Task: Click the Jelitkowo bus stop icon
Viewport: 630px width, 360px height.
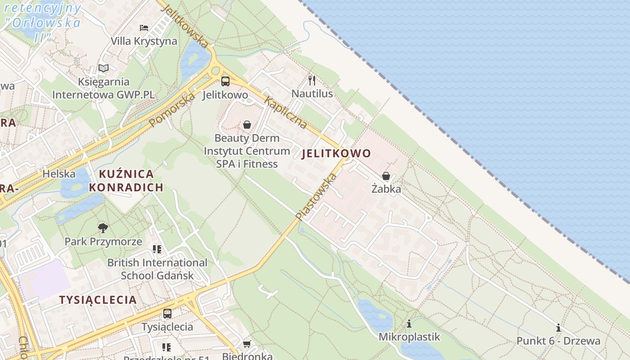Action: point(225,81)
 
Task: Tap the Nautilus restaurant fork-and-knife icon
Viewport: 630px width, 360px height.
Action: point(312,81)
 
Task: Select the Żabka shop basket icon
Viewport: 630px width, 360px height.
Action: point(386,176)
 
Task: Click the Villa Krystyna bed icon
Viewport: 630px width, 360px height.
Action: point(144,28)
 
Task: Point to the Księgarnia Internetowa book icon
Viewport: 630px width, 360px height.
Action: point(103,68)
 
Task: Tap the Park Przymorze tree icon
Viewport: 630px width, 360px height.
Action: point(103,228)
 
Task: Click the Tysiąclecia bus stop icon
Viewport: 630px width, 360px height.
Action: point(167,314)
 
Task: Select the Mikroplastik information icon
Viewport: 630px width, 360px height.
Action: point(409,324)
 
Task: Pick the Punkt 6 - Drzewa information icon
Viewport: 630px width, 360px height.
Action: point(558,328)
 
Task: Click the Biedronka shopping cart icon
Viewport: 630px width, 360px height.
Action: point(247,344)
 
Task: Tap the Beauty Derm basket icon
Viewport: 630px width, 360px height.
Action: point(247,125)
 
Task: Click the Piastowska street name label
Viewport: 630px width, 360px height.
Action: point(316,197)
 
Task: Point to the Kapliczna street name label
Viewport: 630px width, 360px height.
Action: point(285,112)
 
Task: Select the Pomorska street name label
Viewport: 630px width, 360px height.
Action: point(172,109)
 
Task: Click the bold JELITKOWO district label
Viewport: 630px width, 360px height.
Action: point(336,153)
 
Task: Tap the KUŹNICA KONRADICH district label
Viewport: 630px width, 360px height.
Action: point(126,180)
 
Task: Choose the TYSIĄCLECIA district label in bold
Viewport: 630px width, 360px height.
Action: point(98,300)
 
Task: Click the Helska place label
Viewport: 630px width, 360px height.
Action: point(59,174)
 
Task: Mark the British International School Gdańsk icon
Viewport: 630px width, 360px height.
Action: point(157,249)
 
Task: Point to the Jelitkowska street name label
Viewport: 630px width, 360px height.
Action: point(185,26)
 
